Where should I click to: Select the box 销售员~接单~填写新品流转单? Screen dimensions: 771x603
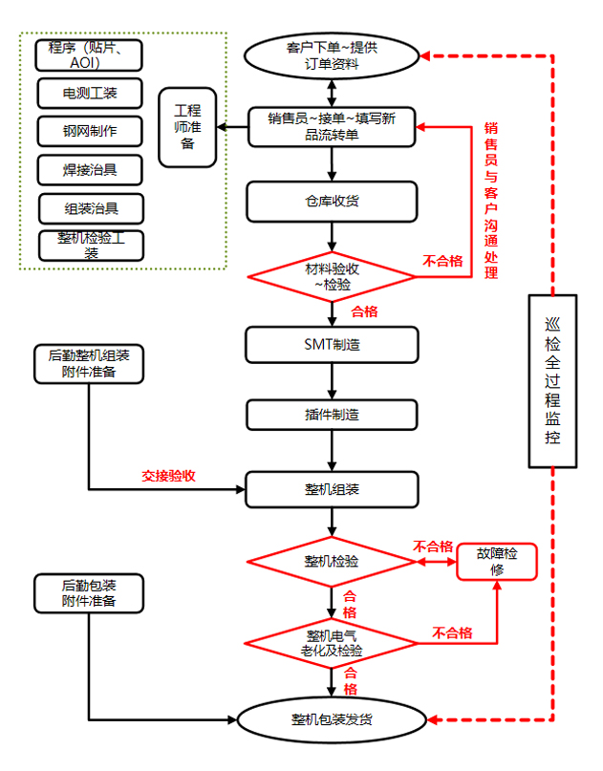tap(332, 126)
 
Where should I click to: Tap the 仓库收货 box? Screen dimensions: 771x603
tap(332, 201)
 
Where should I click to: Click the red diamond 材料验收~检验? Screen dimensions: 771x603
tap(332, 276)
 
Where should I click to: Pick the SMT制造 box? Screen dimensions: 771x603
tap(332, 345)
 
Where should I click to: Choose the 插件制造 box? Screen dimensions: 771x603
tap(332, 415)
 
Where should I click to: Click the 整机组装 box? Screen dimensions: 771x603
tap(332, 489)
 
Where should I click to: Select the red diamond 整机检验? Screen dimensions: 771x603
tap(332, 562)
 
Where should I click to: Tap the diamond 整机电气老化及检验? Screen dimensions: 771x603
tap(332, 642)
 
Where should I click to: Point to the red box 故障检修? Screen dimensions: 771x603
tap(497, 561)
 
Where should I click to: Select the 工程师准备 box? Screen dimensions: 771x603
tap(187, 128)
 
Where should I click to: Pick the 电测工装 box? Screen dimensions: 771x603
tap(90, 93)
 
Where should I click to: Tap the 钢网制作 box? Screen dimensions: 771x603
tap(90, 131)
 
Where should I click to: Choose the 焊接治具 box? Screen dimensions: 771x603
tap(90, 169)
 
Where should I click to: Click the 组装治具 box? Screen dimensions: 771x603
tap(90, 207)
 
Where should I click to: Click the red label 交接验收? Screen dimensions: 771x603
tap(169, 475)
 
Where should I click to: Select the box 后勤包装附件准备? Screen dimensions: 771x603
tap(89, 592)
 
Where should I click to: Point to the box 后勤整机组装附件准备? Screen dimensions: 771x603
tap(89, 363)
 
